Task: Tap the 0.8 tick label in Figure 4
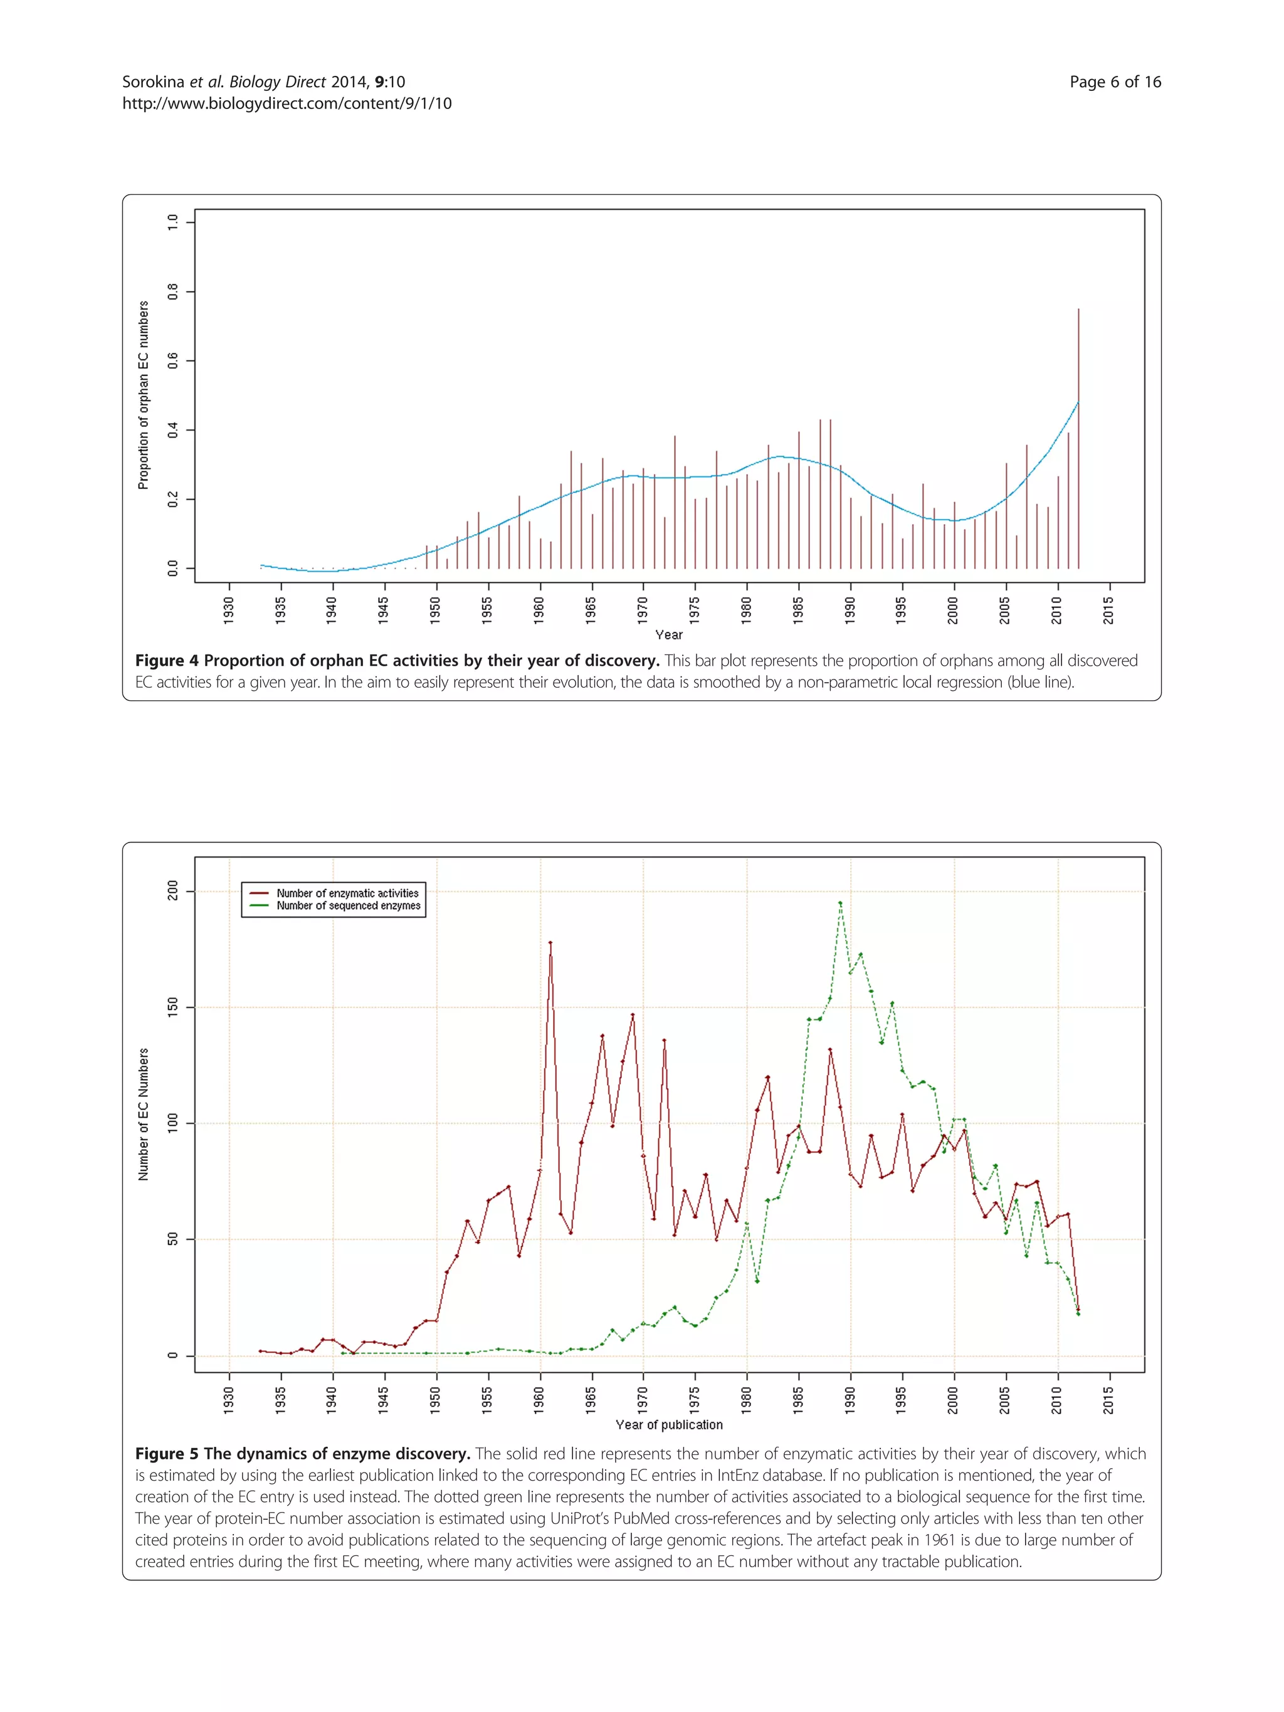172,291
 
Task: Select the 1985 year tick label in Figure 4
798,610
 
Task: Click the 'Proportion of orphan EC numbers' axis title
143,395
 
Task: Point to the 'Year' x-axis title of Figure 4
669,634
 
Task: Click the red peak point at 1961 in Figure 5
550,943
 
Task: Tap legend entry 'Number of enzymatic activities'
347,893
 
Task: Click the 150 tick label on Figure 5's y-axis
172,1007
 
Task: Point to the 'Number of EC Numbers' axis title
143,1115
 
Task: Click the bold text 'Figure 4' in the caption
166,661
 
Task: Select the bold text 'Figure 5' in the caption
166,1454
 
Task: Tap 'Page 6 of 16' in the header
1115,82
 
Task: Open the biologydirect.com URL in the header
287,103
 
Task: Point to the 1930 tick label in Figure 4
228,610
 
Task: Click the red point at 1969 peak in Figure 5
633,1015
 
